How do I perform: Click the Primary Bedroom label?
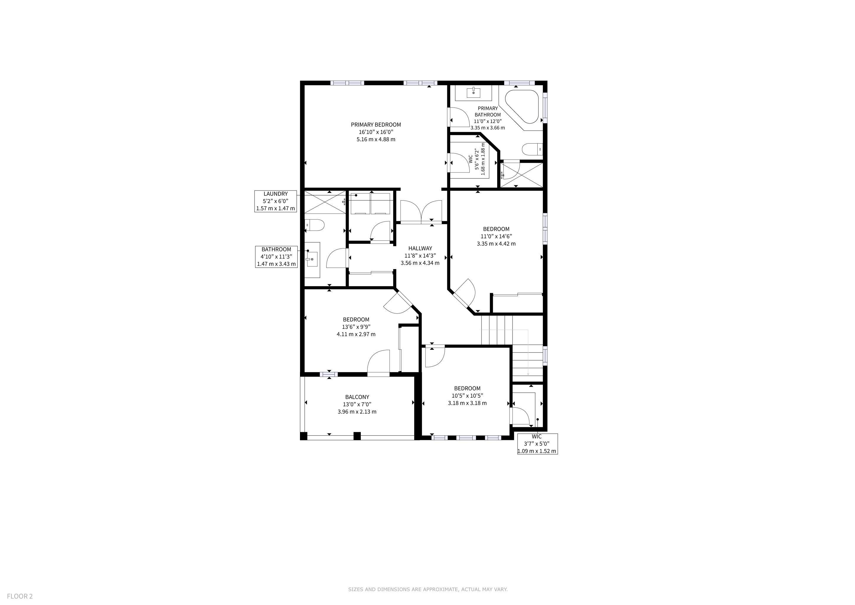point(376,132)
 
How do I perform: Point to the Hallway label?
point(420,256)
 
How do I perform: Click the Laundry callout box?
point(275,201)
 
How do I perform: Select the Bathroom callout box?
point(276,257)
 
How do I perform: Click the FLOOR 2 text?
point(20,596)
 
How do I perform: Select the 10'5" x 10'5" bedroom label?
point(467,396)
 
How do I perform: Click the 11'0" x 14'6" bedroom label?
point(496,236)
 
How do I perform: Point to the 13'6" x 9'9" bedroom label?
point(356,327)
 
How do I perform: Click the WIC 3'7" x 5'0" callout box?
point(537,444)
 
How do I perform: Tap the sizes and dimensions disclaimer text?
point(428,589)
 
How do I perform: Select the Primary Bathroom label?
point(488,118)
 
